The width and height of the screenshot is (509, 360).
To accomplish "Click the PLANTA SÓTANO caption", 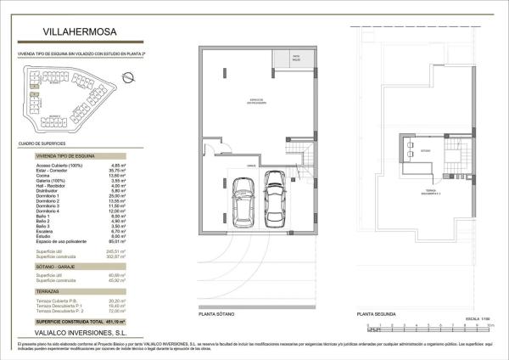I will tap(217, 313).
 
